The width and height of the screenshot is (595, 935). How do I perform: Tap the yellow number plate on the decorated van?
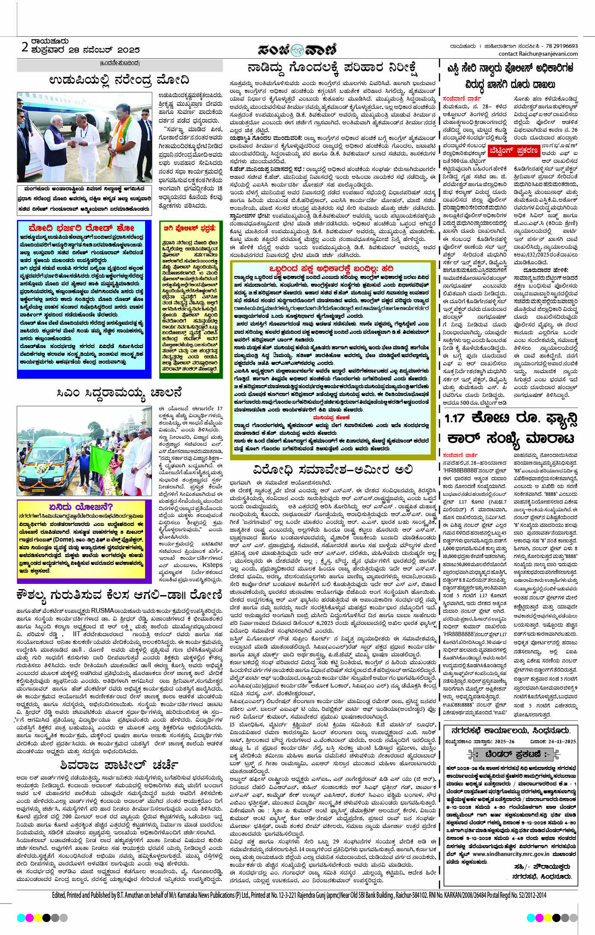(x=38, y=490)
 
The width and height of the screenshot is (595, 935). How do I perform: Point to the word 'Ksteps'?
(x=212, y=565)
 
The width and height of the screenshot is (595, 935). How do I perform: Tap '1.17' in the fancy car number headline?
(x=455, y=418)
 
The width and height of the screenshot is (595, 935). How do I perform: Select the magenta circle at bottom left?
(x=29, y=917)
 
